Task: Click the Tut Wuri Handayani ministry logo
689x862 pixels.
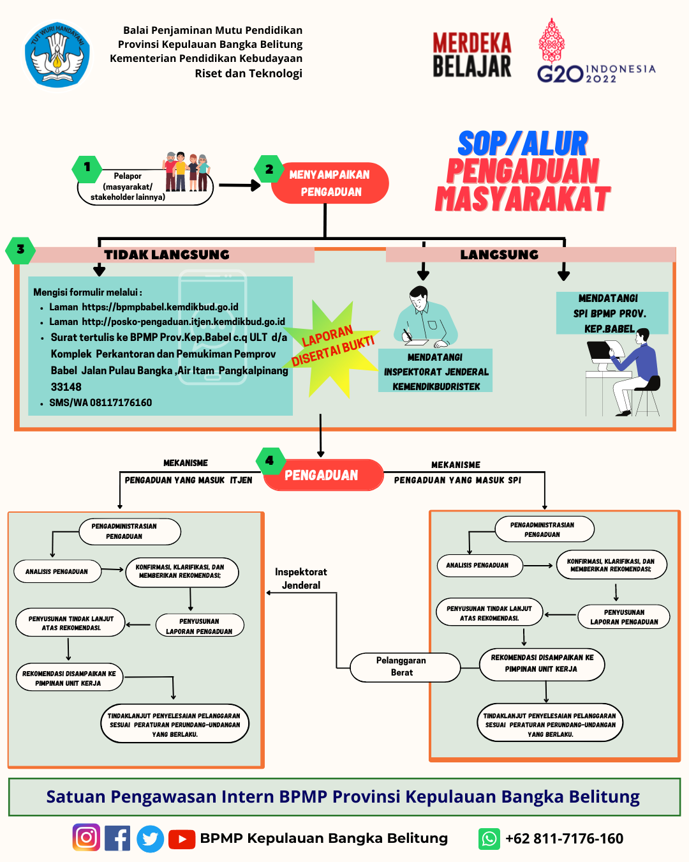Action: point(57,55)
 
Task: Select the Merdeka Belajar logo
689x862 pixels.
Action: point(472,55)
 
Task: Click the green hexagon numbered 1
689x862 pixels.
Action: point(87,167)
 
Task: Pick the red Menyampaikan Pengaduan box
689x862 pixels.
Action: point(330,183)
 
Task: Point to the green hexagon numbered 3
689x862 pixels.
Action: point(20,249)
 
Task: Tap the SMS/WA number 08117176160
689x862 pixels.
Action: point(100,403)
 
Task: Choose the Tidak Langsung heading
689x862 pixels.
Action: point(167,255)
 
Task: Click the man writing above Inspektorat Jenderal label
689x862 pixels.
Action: point(424,317)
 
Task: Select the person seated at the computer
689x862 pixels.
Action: point(632,370)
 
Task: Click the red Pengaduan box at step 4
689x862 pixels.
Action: point(323,475)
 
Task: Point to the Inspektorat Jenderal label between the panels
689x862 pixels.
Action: point(301,578)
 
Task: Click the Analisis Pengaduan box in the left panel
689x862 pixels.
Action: point(57,571)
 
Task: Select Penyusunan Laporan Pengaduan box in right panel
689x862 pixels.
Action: point(623,617)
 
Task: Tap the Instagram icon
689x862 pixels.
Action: point(86,838)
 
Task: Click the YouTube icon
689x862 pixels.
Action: point(182,839)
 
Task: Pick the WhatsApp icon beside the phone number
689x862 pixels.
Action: point(489,838)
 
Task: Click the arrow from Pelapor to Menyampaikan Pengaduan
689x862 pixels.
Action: point(239,186)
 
